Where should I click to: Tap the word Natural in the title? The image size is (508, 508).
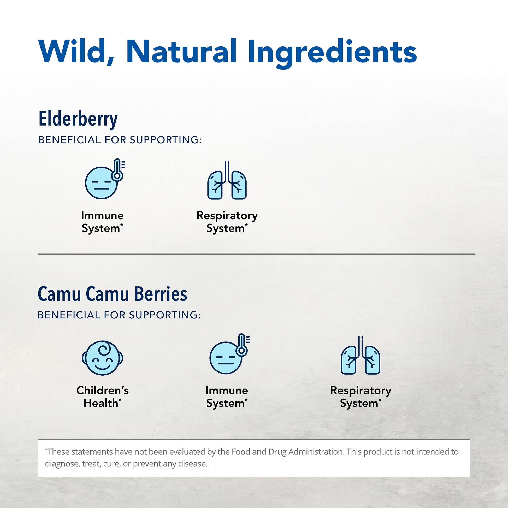181,51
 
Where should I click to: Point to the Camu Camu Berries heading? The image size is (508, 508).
113,294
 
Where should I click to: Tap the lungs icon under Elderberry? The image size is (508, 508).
227,180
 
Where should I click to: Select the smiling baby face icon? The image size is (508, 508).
102,358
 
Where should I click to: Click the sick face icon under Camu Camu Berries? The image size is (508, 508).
229,354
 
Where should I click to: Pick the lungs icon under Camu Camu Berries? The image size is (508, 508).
361,355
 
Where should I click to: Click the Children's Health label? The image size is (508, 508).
103,397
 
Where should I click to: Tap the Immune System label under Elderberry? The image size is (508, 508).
102,222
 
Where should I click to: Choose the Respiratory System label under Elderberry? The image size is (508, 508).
227,222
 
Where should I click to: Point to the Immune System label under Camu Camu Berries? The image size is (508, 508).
227,397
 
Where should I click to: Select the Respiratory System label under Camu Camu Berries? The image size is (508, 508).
361,397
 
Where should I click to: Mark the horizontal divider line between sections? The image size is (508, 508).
257,254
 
